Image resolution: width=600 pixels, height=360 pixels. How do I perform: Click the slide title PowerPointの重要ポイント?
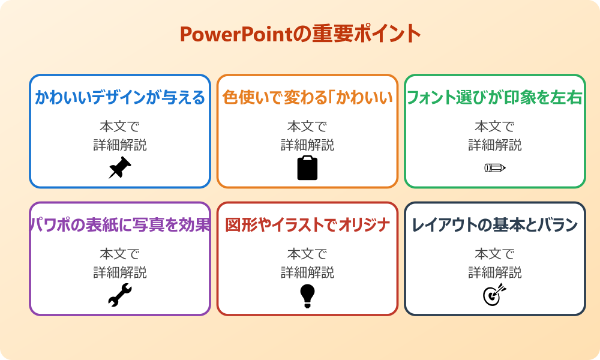tap(301, 34)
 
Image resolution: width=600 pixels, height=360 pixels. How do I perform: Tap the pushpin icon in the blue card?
tap(120, 168)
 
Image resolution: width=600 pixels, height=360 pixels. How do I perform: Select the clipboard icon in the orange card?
tap(307, 168)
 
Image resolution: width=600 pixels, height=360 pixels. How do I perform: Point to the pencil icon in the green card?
tap(495, 167)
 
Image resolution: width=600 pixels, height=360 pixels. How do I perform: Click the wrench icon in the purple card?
tap(120, 295)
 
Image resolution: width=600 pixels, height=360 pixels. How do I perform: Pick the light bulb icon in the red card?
tap(307, 296)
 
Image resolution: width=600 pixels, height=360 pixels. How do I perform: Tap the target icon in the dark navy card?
tap(495, 295)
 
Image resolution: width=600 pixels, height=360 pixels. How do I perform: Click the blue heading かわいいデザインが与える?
tap(120, 97)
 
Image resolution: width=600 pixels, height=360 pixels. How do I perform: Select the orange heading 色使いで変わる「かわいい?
tap(307, 97)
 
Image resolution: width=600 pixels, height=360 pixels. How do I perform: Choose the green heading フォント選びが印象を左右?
tap(495, 97)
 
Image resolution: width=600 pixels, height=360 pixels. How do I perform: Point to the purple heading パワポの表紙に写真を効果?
tap(120, 225)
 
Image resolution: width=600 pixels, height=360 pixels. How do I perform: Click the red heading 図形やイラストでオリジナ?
tap(307, 225)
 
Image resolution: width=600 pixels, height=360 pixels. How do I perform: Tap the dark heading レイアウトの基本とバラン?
tap(495, 225)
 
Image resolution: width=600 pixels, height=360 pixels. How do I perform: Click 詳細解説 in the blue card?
tap(120, 145)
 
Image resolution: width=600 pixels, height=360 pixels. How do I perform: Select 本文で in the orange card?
tap(307, 127)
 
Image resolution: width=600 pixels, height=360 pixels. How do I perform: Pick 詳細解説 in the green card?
tap(495, 145)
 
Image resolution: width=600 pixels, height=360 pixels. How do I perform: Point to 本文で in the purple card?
tap(120, 254)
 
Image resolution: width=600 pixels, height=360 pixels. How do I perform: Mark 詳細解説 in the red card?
tap(307, 272)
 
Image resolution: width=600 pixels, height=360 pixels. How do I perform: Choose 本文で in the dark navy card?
tap(495, 254)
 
